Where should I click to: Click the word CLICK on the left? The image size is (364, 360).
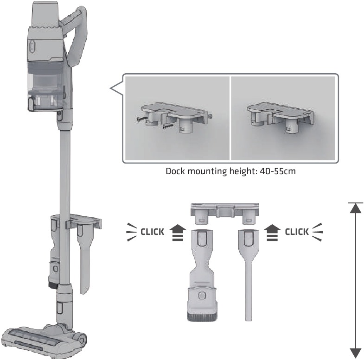(152, 232)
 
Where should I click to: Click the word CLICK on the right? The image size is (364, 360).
(297, 232)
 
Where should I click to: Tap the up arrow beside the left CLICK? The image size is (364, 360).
(178, 233)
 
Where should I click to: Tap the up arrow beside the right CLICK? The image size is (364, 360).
(272, 233)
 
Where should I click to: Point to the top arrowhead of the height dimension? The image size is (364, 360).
(355, 208)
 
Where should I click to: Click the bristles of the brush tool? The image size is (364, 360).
(202, 316)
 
